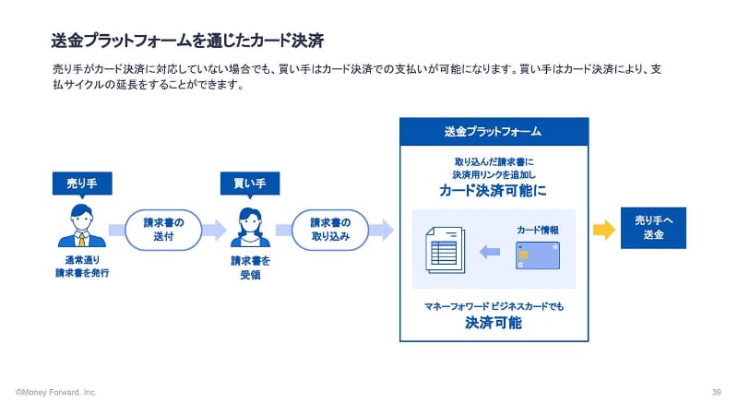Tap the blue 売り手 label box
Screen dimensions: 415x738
[x=81, y=184]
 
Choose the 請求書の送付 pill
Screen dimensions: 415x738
[x=163, y=230]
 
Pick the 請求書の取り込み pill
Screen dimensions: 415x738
[x=329, y=230]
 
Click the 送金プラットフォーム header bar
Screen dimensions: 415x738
[x=493, y=131]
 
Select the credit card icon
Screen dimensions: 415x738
[x=538, y=255]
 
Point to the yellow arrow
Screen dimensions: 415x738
[x=603, y=230]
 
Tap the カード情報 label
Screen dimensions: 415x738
[x=539, y=229]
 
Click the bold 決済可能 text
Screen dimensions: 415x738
[x=493, y=323]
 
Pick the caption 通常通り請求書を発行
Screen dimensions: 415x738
[x=81, y=267]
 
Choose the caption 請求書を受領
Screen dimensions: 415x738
[x=249, y=267]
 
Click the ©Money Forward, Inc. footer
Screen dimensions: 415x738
[x=55, y=392]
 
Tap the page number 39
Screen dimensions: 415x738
[x=716, y=392]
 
